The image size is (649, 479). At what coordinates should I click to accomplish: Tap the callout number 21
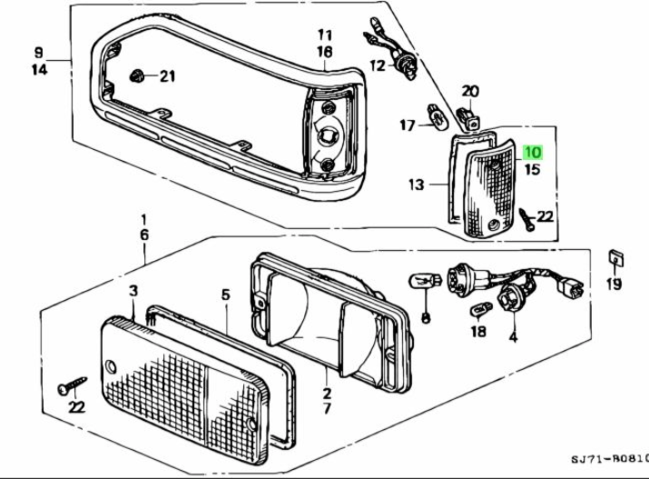(166, 76)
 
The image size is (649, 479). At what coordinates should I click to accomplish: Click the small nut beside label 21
(139, 75)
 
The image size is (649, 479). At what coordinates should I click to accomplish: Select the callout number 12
(377, 65)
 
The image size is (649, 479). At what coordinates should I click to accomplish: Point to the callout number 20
(469, 91)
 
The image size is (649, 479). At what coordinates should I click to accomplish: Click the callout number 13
(416, 185)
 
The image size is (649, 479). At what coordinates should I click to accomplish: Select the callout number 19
(615, 284)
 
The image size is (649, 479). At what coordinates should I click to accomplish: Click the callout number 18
(478, 332)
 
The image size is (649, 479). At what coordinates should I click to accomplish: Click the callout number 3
(133, 291)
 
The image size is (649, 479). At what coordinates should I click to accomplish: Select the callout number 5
(227, 294)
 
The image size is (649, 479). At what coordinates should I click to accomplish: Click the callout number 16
(324, 54)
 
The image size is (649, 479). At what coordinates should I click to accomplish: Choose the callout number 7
(327, 410)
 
